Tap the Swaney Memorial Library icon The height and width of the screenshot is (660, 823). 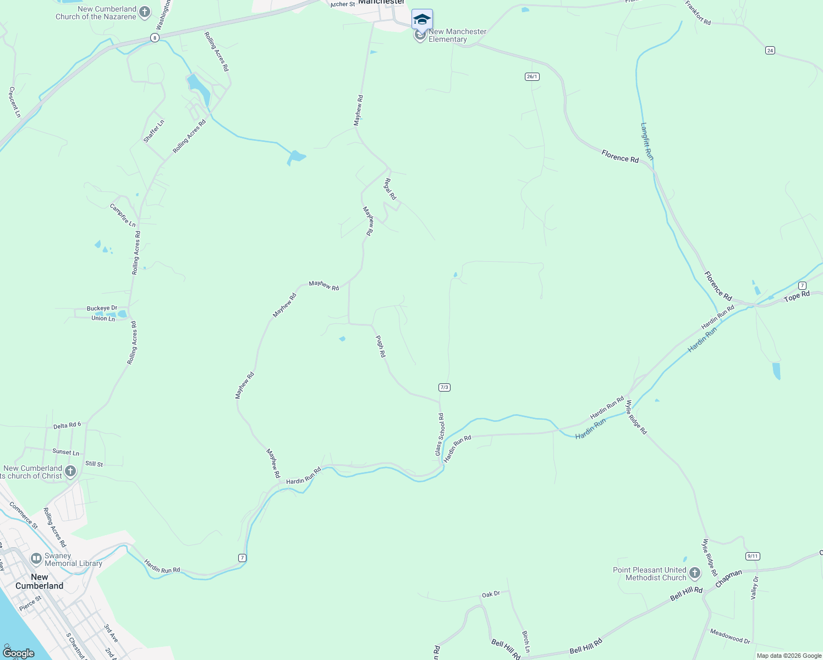[x=36, y=559]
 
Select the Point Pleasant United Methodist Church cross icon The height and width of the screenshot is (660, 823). [x=694, y=574]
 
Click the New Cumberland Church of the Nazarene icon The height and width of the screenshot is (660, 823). [x=145, y=12]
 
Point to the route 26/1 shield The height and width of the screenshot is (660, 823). [x=532, y=76]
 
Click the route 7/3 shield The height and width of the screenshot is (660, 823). [x=445, y=387]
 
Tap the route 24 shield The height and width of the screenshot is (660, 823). [x=770, y=50]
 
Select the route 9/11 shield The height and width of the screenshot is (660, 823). [x=753, y=556]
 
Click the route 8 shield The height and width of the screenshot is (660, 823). [x=155, y=37]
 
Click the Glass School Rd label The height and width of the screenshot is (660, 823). [x=440, y=435]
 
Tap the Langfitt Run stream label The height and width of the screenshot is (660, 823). [x=647, y=141]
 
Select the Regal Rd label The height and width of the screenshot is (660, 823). [x=390, y=189]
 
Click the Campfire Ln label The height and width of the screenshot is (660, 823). [x=123, y=215]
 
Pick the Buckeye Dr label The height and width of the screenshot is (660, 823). [x=102, y=309]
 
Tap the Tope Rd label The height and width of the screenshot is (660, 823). [x=797, y=296]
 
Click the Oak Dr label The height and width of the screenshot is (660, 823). [x=491, y=595]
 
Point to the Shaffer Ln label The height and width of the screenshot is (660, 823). [x=154, y=131]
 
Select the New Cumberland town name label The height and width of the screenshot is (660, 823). [x=39, y=581]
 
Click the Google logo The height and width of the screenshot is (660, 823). [x=18, y=653]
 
